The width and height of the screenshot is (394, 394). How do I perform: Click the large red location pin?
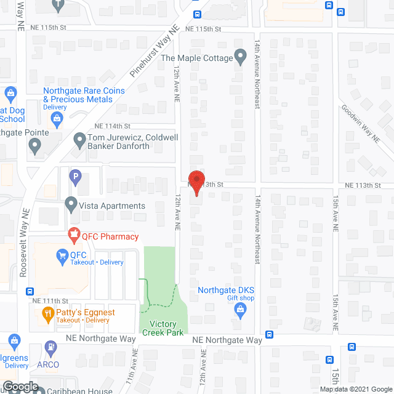[196, 183]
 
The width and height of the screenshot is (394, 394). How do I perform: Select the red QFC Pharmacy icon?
[74, 235]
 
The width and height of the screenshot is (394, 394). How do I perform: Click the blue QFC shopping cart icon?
[62, 255]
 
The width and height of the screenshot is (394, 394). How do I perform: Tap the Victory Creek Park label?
[159, 328]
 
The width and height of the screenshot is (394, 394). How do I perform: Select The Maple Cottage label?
[196, 58]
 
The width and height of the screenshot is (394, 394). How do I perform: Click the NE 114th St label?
[100, 125]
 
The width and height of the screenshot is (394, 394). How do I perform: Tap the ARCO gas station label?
[47, 364]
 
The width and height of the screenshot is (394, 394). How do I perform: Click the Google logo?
[20, 387]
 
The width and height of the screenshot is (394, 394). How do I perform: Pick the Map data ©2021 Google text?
[355, 388]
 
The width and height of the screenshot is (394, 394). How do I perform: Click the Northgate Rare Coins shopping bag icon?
[10, 94]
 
